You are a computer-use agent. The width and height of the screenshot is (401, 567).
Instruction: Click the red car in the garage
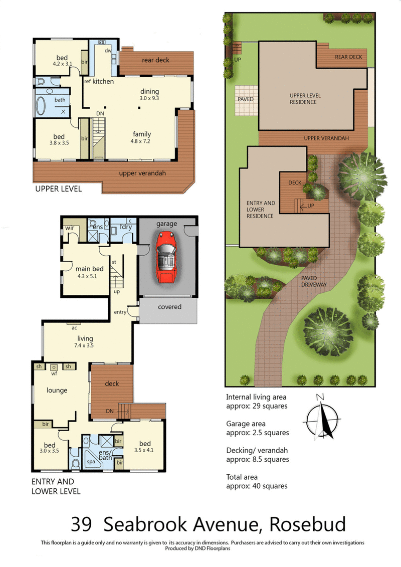click(x=166, y=257)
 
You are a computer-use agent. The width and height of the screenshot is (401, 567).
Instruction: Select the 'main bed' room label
click(x=89, y=268)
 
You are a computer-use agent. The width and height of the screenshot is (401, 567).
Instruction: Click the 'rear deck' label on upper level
click(x=155, y=60)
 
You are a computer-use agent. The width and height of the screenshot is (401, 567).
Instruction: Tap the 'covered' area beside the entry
click(x=169, y=306)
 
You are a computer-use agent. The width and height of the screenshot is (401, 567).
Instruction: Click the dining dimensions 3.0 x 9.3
click(x=149, y=98)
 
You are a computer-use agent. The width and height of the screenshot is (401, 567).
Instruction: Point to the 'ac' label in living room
click(x=74, y=328)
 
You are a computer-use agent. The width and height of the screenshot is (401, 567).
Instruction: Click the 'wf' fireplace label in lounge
click(x=53, y=373)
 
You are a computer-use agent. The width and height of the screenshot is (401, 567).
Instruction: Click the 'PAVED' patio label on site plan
click(x=246, y=99)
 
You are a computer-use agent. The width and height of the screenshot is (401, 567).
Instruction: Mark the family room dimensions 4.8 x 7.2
click(x=142, y=141)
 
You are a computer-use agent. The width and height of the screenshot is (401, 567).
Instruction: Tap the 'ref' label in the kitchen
click(x=87, y=81)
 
